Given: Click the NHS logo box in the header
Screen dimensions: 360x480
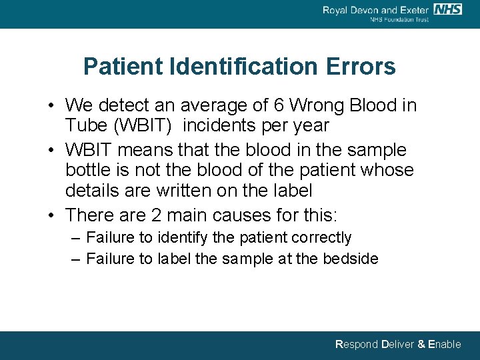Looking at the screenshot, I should (x=447, y=9).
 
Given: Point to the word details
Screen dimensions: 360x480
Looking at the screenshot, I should (x=93, y=191).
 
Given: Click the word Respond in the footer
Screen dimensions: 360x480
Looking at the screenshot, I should (x=357, y=345).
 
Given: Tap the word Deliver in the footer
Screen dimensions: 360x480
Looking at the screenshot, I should (x=399, y=345).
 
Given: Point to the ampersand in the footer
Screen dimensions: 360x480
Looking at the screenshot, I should (x=422, y=345).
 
